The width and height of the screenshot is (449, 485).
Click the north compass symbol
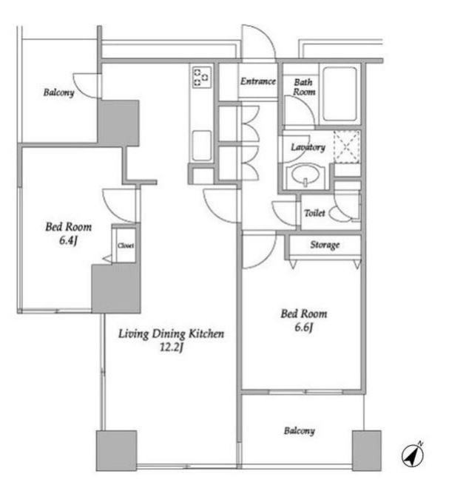[x=413, y=455]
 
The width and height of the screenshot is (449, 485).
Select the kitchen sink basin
[x=202, y=146]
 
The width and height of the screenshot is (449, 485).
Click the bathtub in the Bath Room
[x=340, y=94]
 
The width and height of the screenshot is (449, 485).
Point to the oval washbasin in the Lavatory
[x=305, y=175]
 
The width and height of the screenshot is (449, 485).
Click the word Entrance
[x=258, y=81]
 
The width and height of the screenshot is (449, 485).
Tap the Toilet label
[x=314, y=213]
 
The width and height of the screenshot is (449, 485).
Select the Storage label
[x=325, y=245]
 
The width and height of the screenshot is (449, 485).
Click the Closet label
[x=126, y=245]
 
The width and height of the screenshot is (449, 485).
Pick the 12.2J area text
[x=172, y=347]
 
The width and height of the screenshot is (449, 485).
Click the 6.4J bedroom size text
[x=68, y=240]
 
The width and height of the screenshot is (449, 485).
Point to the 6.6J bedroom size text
[x=304, y=327]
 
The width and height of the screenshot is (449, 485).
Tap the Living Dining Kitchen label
[x=171, y=333]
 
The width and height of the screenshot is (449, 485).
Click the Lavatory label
[x=308, y=147]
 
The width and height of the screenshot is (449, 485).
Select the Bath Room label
[x=304, y=87]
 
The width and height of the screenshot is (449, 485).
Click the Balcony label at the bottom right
[x=300, y=431]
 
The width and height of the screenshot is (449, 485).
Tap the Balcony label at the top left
[x=58, y=92]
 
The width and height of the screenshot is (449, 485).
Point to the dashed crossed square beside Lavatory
[x=347, y=147]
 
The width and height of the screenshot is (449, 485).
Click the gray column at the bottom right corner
[x=367, y=450]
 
